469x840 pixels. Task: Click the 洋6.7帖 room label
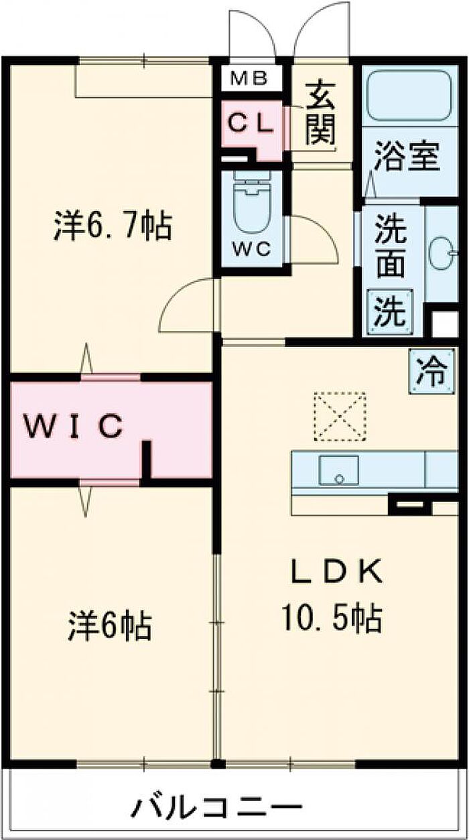coord(113,227)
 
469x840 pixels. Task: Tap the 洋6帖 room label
coord(110,626)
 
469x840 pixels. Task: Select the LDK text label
coord(336,571)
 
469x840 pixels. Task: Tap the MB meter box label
coord(249,79)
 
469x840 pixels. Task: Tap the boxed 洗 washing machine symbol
coord(389,309)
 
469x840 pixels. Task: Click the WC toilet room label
coord(251,249)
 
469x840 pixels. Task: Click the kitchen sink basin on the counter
coord(338,470)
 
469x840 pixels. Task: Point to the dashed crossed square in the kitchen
coord(340,417)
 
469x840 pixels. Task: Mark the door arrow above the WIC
coord(86,361)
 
